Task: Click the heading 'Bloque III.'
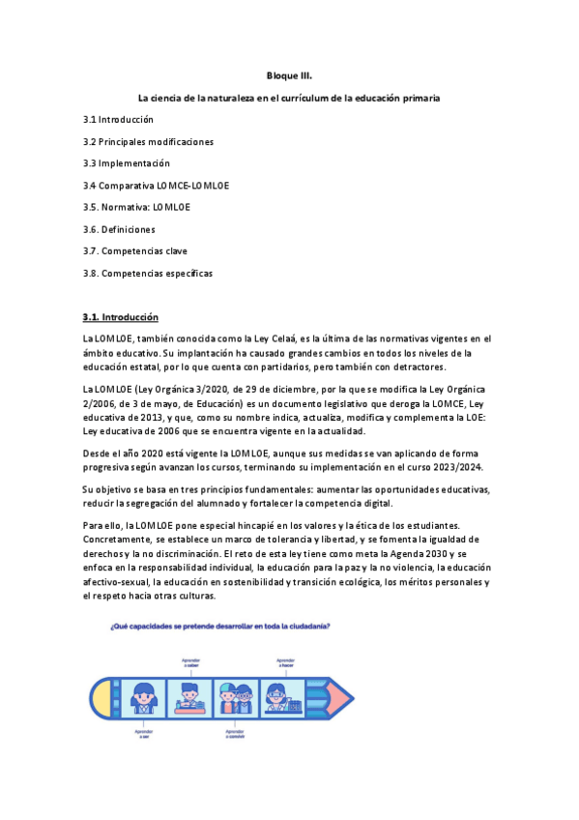(x=289, y=75)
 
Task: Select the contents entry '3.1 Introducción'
(x=118, y=120)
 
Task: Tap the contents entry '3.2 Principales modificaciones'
(x=148, y=141)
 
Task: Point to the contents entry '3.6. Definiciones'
(x=119, y=229)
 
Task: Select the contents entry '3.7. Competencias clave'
(x=135, y=250)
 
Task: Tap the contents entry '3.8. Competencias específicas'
(x=147, y=273)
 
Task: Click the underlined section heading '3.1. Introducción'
(x=120, y=317)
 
